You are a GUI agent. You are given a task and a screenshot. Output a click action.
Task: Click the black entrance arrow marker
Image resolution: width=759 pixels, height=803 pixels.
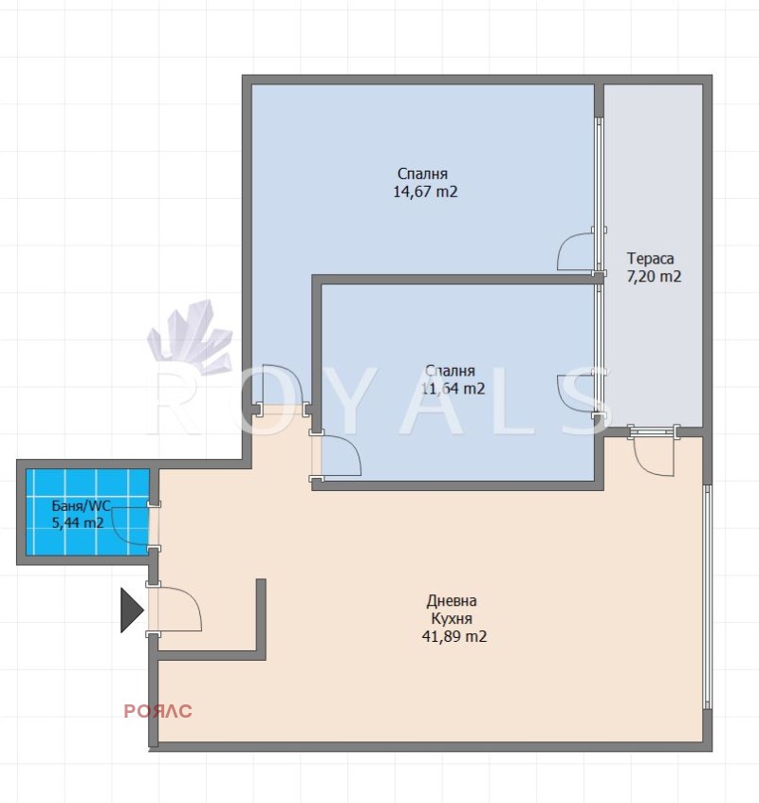[x=132, y=610]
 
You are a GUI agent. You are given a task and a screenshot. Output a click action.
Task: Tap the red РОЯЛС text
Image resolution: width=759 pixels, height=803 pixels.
[x=157, y=711]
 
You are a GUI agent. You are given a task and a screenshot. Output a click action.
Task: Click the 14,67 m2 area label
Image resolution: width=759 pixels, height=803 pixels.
[x=425, y=192]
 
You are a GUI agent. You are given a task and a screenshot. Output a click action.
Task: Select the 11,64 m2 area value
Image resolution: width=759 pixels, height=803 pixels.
[x=454, y=389]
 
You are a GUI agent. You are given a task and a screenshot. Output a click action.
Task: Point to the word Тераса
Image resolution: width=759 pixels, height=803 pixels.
[x=650, y=258]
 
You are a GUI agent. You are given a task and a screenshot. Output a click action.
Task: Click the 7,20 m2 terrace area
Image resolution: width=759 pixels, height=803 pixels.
[x=654, y=277]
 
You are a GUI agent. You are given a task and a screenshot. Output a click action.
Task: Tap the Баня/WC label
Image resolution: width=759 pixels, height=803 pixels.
[x=81, y=506]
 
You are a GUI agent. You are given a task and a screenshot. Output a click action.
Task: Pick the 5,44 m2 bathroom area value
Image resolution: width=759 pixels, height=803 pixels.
[x=78, y=523]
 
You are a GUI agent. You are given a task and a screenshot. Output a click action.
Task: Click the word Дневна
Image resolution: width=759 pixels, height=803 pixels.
[x=452, y=600]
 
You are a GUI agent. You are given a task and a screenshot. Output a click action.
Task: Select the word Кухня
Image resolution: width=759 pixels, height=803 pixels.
[x=452, y=618]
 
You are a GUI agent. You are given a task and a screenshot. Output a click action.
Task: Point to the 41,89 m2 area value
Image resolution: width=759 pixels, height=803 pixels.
[x=454, y=636]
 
